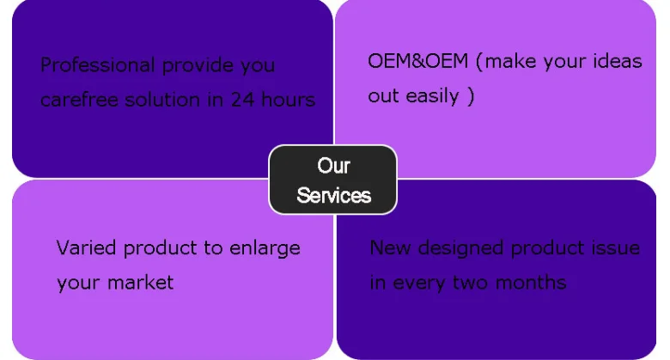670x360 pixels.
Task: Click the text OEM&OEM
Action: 417,61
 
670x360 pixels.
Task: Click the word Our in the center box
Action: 333,165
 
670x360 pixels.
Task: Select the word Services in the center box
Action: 333,195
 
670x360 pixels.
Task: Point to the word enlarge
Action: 265,248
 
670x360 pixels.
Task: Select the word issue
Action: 615,247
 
